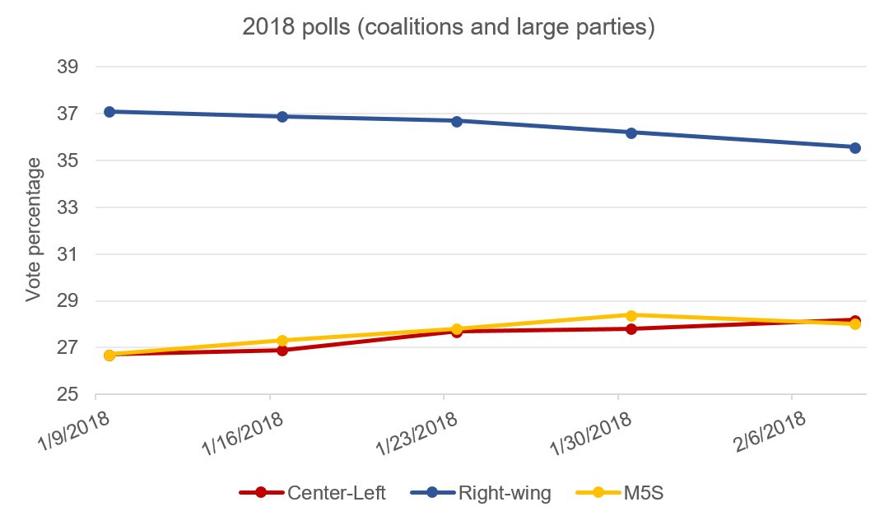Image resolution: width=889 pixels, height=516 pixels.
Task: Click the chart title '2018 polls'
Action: [x=448, y=28]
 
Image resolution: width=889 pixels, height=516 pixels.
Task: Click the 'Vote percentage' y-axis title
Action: [x=33, y=230]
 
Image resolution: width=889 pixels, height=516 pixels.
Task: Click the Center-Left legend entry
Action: [x=313, y=493]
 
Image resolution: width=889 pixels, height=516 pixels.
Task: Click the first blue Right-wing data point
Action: [x=109, y=111]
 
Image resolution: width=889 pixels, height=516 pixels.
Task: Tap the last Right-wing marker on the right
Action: [x=855, y=147]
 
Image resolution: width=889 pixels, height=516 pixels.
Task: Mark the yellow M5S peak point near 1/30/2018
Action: [x=631, y=315]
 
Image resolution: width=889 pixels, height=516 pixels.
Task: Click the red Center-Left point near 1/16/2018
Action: [x=282, y=350]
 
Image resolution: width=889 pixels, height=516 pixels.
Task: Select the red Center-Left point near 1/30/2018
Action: [x=631, y=329]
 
